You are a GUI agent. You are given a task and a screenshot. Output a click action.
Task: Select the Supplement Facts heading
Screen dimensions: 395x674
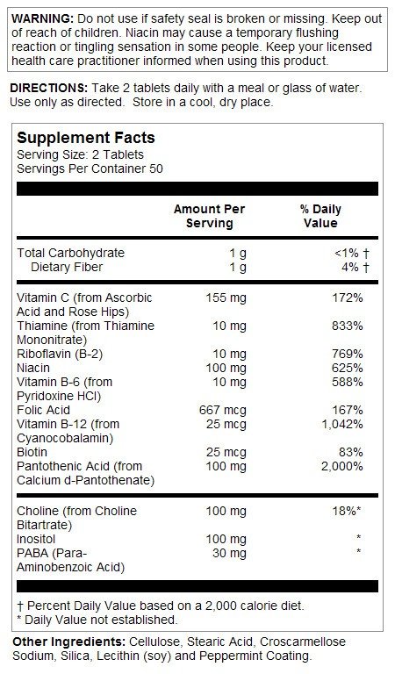pos(85,138)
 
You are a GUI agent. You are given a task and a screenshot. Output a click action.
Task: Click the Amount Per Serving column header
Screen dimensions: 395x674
pos(209,216)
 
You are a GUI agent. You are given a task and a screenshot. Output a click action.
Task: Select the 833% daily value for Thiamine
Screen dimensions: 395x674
pos(348,326)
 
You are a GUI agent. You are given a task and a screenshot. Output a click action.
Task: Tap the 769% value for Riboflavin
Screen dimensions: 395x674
pos(348,354)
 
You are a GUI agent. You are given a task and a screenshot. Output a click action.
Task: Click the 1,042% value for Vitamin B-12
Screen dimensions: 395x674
pos(341,424)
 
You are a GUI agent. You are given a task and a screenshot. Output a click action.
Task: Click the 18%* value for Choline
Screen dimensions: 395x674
pos(348,510)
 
